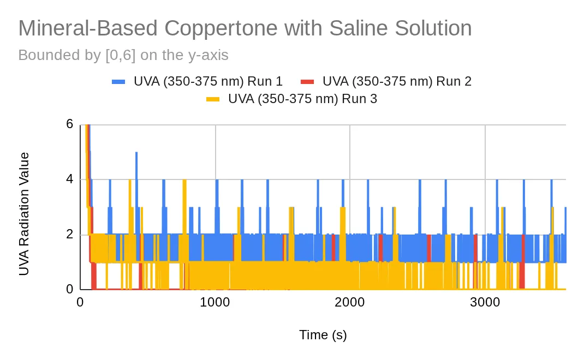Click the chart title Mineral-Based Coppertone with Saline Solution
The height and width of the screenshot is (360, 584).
point(245,29)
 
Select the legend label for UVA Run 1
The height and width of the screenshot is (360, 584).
point(208,81)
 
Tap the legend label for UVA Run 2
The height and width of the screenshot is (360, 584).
point(397,81)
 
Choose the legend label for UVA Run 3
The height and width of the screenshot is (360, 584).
point(302,99)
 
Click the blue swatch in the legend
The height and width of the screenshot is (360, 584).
point(118,81)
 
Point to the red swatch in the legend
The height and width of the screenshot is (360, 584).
point(307,81)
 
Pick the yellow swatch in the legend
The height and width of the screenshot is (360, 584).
point(213,99)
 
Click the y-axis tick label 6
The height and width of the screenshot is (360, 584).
point(70,124)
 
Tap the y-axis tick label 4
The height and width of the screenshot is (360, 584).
point(70,179)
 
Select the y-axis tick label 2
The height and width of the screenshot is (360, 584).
point(70,234)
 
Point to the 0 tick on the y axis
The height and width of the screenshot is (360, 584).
point(70,289)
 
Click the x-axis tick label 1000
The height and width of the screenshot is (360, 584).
point(215,302)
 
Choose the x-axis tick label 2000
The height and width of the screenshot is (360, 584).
point(350,302)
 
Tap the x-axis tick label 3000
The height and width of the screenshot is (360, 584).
point(485,302)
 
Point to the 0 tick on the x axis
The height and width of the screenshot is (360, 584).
point(80,302)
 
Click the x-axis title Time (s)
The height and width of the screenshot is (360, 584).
point(323,335)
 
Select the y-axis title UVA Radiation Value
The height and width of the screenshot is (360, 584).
point(24,214)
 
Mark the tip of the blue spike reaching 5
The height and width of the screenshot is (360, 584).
point(136,152)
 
